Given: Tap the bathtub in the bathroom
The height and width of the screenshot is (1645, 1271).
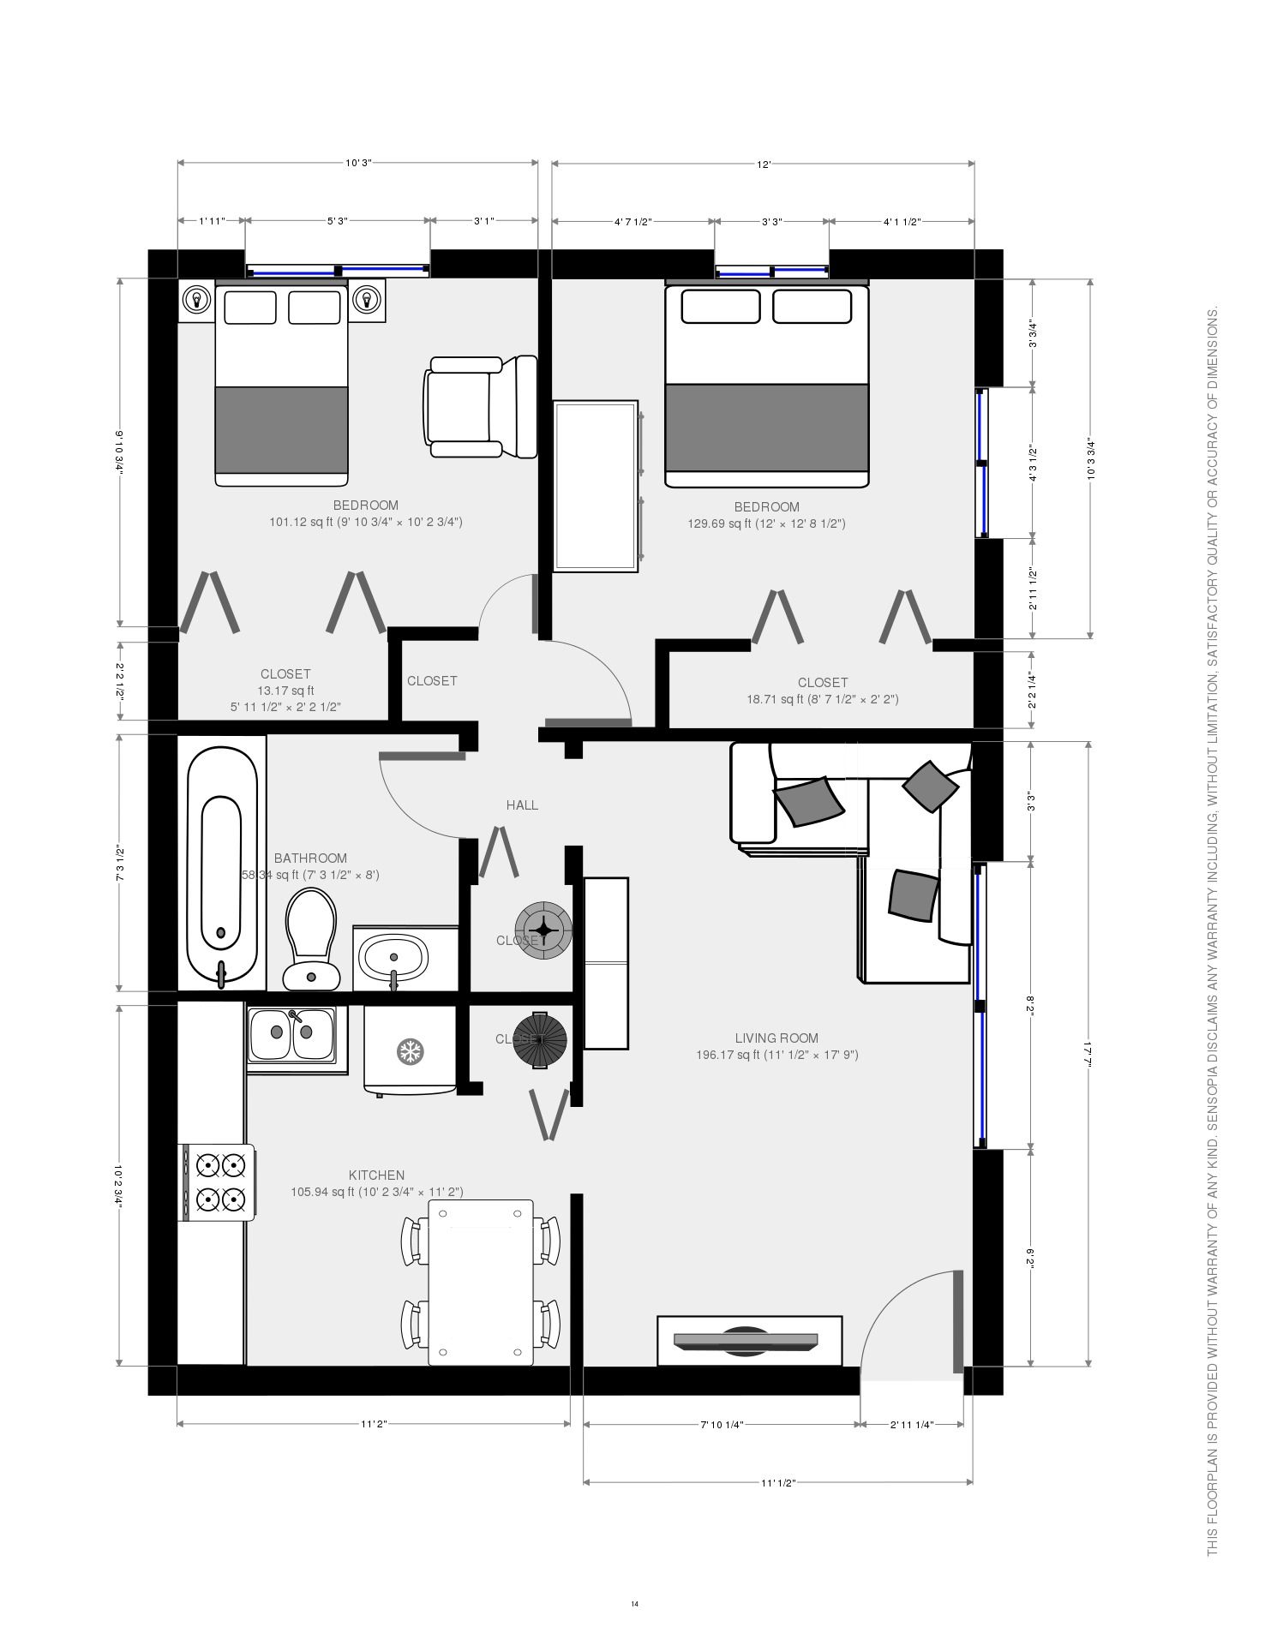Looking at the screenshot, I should pos(222,865).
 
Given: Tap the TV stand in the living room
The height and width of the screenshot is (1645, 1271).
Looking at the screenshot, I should pos(749,1341).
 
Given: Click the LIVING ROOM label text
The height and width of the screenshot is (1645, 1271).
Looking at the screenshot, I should pos(776,1038).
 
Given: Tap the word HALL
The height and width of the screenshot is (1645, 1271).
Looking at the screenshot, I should pos(522,805).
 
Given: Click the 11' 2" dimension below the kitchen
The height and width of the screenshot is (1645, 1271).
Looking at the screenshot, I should pos(374,1424).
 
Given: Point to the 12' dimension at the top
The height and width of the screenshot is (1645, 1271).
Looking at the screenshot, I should pos(764,164).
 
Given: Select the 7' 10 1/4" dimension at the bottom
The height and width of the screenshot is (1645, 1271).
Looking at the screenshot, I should pos(722,1425).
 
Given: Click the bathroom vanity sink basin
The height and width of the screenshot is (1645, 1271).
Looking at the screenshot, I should pos(393,957).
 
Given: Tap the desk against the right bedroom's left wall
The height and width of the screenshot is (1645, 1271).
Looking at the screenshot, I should pos(596,485).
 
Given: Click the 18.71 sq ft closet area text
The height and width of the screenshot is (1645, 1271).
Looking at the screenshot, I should pos(822,699).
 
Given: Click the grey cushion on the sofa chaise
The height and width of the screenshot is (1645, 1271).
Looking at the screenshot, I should pos(913,894).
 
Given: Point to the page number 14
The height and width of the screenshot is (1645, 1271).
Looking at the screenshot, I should pos(635,1604).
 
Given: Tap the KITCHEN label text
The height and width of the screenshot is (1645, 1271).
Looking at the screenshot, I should pos(376,1175).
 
